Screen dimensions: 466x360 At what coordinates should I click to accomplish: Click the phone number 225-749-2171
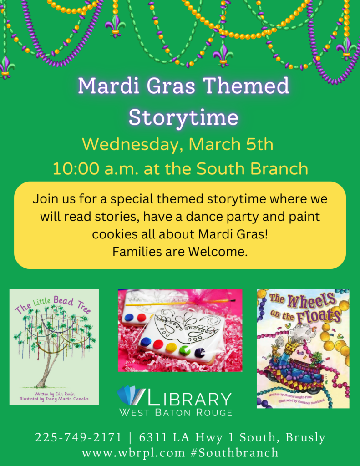click(x=78, y=438)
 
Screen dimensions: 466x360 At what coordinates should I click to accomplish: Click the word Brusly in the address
click(x=305, y=438)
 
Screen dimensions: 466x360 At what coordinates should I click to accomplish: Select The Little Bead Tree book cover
click(x=54, y=346)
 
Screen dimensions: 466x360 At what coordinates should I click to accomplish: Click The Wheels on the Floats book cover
click(x=303, y=348)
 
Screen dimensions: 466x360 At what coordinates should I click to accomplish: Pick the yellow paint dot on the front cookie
click(x=172, y=348)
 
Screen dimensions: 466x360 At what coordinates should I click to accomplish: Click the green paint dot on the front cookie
click(x=185, y=350)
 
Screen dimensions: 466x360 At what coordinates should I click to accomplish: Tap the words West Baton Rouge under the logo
click(x=176, y=412)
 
